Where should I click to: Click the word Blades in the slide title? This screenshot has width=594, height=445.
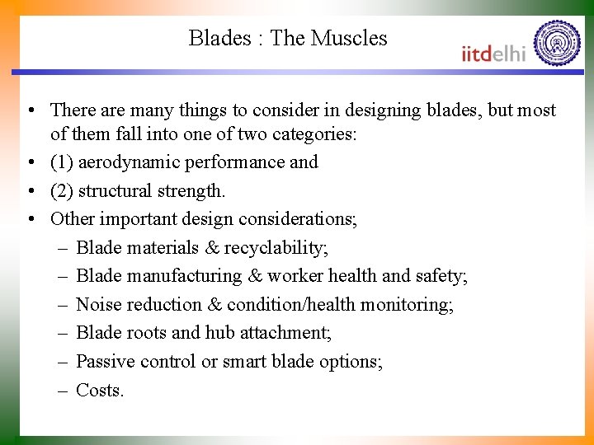(x=219, y=38)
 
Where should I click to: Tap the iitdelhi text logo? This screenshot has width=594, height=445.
(x=493, y=54)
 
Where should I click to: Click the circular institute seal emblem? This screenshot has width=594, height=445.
(x=557, y=43)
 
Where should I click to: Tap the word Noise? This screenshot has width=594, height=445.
(x=99, y=305)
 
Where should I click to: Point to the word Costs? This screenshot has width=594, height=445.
(x=99, y=390)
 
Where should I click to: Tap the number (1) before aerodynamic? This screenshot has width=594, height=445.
(x=61, y=162)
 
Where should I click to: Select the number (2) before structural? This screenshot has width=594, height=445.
(x=61, y=191)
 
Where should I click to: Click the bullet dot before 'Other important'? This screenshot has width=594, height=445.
(x=29, y=219)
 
